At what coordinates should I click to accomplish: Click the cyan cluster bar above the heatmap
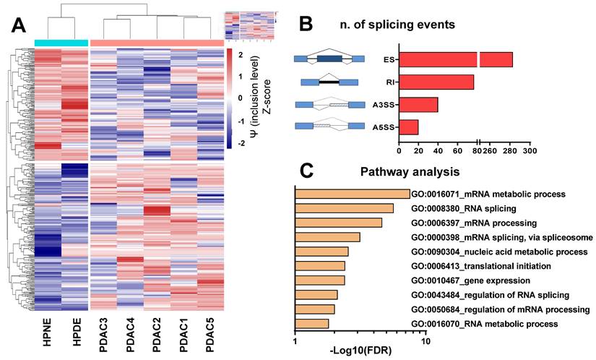(61, 43)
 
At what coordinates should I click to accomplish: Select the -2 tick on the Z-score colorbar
(242, 143)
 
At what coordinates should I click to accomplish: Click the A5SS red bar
(409, 127)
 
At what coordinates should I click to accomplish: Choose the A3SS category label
(382, 105)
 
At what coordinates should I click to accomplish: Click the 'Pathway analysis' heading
(405, 173)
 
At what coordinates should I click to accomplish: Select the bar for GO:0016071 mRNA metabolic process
(352, 194)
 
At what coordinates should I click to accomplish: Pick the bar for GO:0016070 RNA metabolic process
(312, 323)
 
